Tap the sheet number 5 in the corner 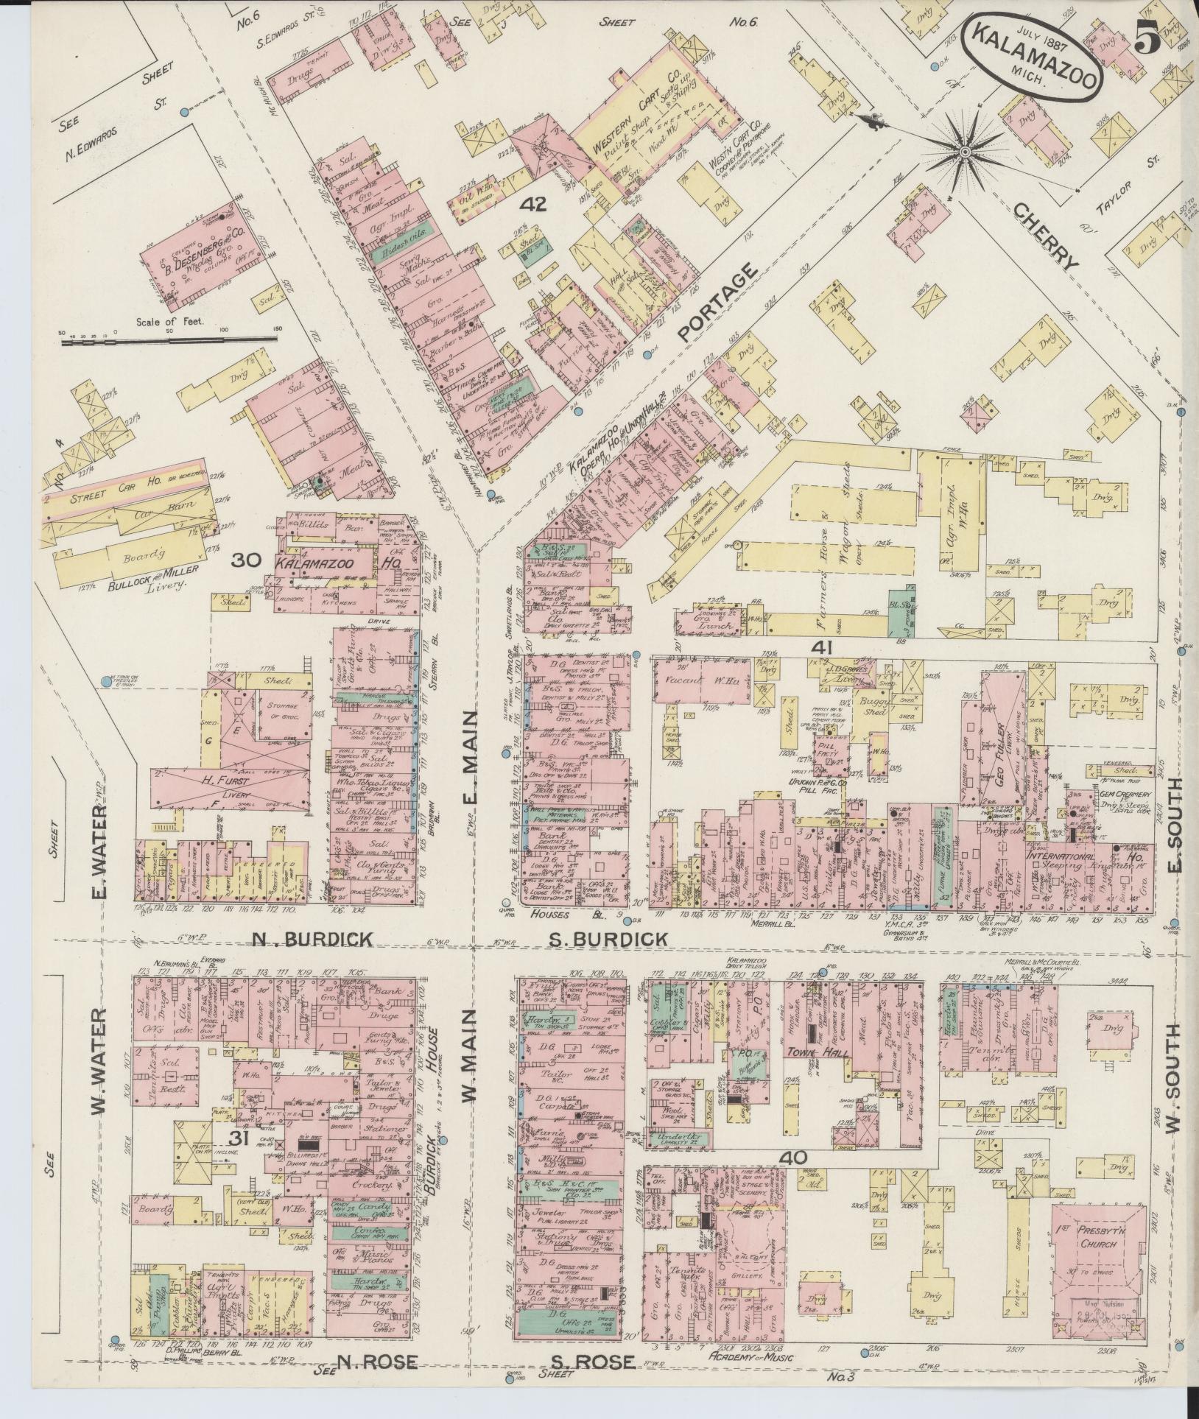tap(1149, 37)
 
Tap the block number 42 tap(532, 204)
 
